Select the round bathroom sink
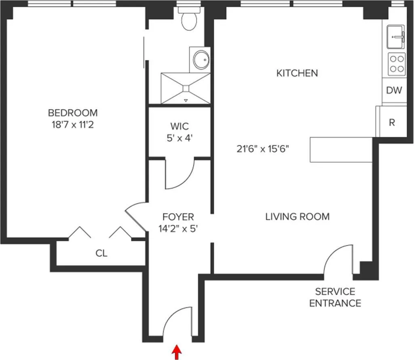point(201,60)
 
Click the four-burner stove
point(397,64)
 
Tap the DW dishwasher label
point(394,90)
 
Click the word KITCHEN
point(297,73)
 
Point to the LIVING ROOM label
point(297,216)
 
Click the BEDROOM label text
point(73,113)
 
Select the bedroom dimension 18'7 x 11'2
point(73,125)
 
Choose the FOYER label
point(178,217)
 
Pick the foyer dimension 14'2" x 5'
point(178,229)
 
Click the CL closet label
point(101,254)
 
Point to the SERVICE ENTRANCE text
point(335,297)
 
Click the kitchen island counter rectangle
point(341,150)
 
